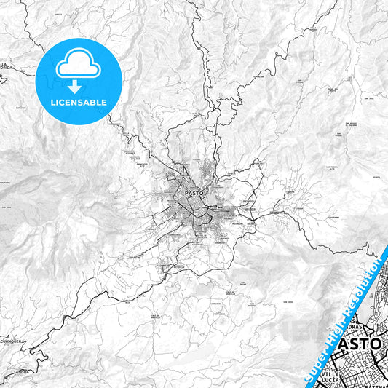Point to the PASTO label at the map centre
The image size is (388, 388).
[194, 193]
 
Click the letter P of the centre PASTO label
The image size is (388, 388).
[188, 193]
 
